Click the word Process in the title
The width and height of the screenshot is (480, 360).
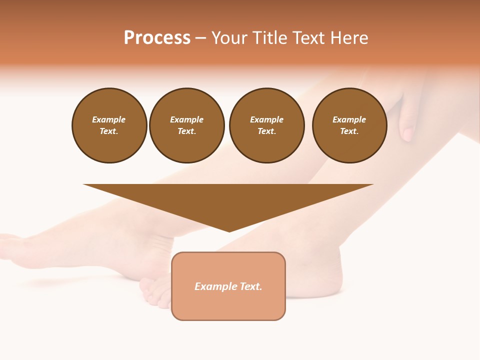[157, 38]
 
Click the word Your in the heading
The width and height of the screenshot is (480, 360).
[229, 38]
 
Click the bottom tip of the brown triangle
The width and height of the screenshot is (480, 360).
[229, 230]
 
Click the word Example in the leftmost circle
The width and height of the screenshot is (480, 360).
[109, 119]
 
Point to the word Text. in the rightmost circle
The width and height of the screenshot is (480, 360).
[349, 131]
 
